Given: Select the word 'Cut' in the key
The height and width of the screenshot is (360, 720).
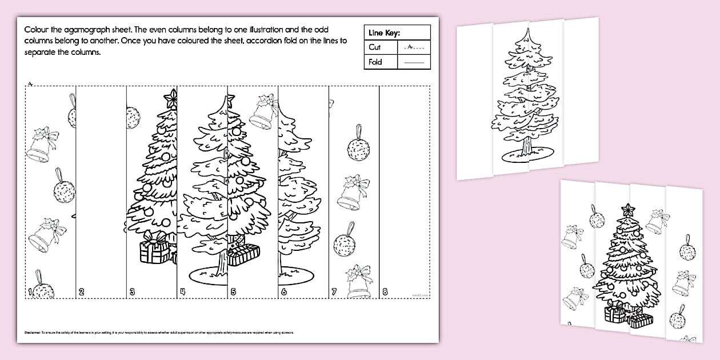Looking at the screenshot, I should pyautogui.click(x=375, y=47).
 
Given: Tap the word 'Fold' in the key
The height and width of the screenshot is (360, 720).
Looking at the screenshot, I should pyautogui.click(x=375, y=62).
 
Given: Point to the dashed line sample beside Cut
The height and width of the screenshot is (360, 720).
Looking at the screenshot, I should pyautogui.click(x=414, y=48).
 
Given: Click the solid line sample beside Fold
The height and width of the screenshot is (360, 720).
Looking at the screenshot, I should pyautogui.click(x=414, y=62).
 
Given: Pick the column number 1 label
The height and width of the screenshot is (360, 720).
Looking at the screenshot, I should pyautogui.click(x=29, y=293).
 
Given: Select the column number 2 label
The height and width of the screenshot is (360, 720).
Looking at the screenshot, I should pyautogui.click(x=81, y=293).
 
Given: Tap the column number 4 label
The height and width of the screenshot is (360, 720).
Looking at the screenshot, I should pyautogui.click(x=182, y=293).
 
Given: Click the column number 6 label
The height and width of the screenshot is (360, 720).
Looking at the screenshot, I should pyautogui.click(x=283, y=293).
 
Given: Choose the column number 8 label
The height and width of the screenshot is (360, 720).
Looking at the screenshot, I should pyautogui.click(x=385, y=293).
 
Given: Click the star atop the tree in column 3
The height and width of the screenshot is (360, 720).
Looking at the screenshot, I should pyautogui.click(x=170, y=99).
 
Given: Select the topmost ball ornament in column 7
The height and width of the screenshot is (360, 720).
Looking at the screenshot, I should pyautogui.click(x=358, y=149).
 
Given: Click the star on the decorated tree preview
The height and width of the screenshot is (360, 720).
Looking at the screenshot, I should pyautogui.click(x=629, y=209).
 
